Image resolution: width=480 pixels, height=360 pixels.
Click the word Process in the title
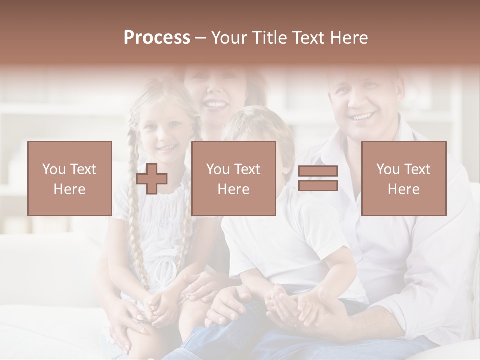pyautogui.click(x=157, y=37)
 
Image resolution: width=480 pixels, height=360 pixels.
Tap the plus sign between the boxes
pyautogui.click(x=152, y=178)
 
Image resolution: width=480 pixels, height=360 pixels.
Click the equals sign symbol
pyautogui.click(x=318, y=178)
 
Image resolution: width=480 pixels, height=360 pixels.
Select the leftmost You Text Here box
pyautogui.click(x=70, y=178)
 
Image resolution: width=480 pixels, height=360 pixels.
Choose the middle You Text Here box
pyautogui.click(x=234, y=178)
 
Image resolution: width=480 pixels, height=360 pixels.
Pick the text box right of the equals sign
pyautogui.click(x=404, y=178)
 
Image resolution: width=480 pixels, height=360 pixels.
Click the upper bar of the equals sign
pyautogui.click(x=318, y=171)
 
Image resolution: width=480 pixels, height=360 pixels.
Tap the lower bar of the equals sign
pyautogui.click(x=318, y=185)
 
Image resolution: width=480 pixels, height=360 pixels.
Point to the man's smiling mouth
pyautogui.click(x=363, y=117)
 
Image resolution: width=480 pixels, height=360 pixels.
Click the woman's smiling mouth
pyautogui.click(x=216, y=105)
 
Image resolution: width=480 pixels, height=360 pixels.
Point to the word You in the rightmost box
pyautogui.click(x=388, y=169)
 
